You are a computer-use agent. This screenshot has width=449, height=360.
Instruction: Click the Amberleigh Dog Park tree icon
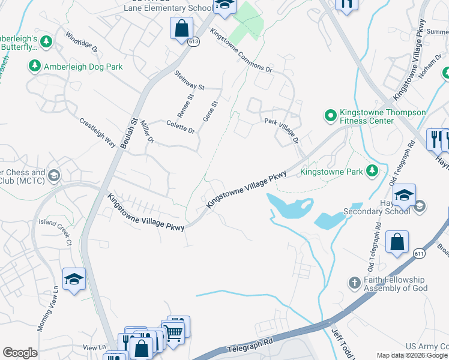coord(35,66)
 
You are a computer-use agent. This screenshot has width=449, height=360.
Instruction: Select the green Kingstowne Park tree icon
coord(372,172)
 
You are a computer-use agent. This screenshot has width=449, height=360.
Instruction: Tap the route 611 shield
coord(418,254)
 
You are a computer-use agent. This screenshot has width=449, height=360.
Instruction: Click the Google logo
coord(20,352)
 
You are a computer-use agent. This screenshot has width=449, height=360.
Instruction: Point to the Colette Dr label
coord(181,127)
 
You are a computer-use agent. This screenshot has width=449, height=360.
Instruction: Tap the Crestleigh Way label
coord(97,132)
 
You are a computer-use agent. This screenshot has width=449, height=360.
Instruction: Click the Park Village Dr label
coord(282,130)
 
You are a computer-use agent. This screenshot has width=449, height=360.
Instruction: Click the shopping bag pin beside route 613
coord(181,29)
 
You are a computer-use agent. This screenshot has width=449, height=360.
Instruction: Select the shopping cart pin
coord(173,331)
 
